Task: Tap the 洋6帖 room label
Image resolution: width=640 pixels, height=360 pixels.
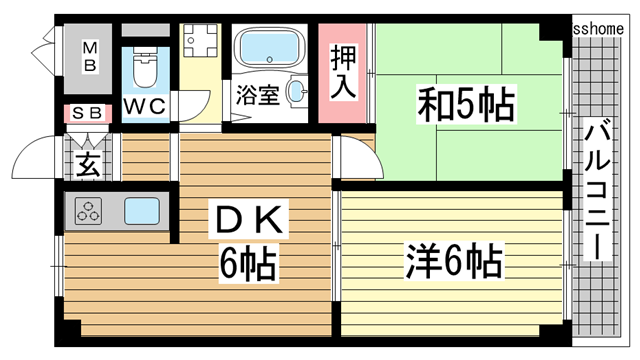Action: pyautogui.click(x=453, y=262)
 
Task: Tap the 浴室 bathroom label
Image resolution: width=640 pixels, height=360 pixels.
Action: pyautogui.click(x=257, y=97)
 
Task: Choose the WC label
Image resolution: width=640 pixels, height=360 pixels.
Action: pyautogui.click(x=146, y=104)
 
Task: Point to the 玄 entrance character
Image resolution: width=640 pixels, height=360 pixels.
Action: pyautogui.click(x=88, y=164)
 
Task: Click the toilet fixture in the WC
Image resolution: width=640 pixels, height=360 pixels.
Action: pyautogui.click(x=146, y=67)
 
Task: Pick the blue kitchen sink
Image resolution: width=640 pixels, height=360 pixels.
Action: pyautogui.click(x=142, y=211)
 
